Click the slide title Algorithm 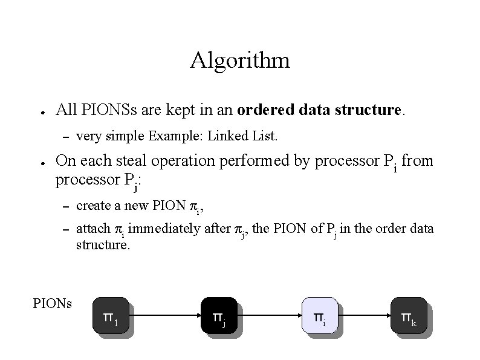click(239, 61)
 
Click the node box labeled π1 click(110, 315)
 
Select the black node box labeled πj click(218, 315)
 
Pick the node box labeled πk click(408, 315)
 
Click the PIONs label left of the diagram click(52, 302)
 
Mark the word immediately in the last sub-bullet click(156, 230)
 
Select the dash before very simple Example click(66, 137)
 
